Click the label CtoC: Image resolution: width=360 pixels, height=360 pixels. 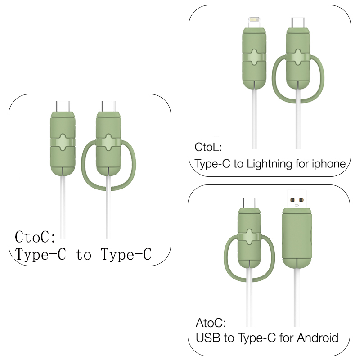point(36,237)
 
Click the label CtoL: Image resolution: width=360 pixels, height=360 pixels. point(208,148)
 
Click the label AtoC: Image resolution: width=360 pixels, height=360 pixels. point(211,323)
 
